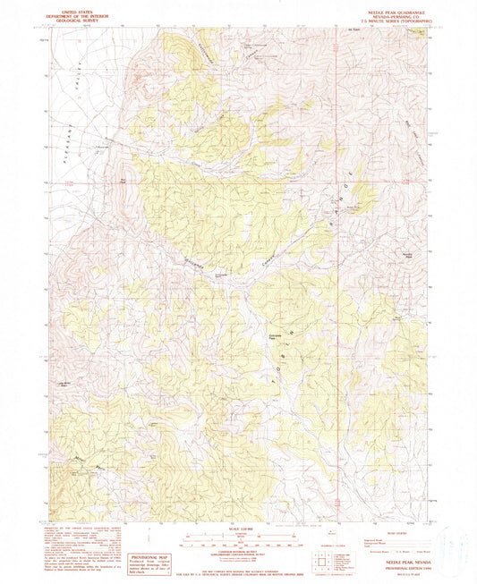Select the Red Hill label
[x=118, y=180]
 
